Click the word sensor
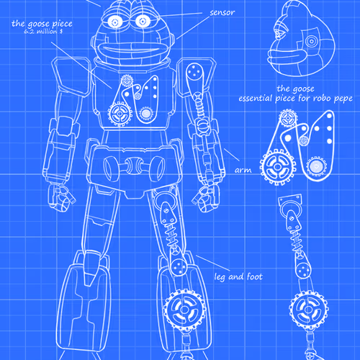coord(222,13)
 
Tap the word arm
coord(243,170)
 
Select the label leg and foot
coord(238,276)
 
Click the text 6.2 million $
coord(43,32)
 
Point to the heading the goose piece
coord(42,24)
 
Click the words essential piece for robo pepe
coord(295,99)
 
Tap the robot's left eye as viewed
coord(115,22)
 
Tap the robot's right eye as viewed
coord(143,21)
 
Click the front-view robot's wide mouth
coord(131,49)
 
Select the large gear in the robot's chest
coord(119,114)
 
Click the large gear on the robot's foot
coord(184,309)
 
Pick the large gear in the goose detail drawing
coord(278,167)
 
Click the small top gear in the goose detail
coord(288,117)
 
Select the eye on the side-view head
coord(311,41)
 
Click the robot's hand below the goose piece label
coord(61,197)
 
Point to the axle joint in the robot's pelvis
coord(135,166)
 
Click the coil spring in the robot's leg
coord(171,235)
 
